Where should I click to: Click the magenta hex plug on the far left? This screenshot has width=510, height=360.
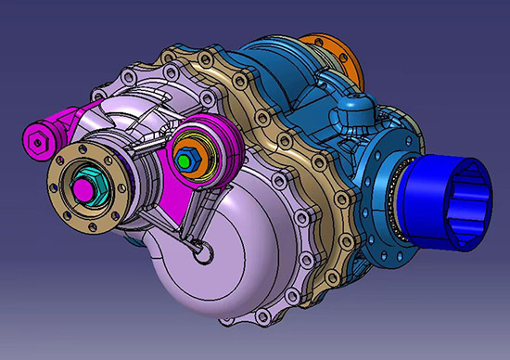36,144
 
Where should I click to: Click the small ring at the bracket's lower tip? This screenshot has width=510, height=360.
198,246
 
